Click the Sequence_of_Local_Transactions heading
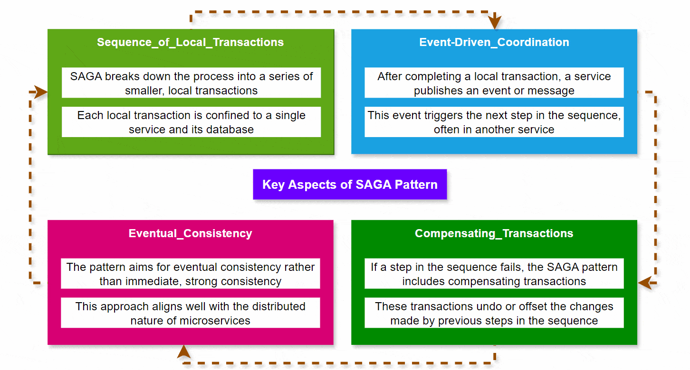[x=190, y=42]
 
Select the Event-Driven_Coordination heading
[x=494, y=42]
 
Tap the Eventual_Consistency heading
[x=190, y=233]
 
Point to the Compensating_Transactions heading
[x=494, y=233]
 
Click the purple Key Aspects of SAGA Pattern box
[x=350, y=185]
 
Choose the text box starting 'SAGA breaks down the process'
[x=191, y=83]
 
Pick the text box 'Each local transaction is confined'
[x=191, y=122]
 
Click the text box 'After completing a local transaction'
[x=494, y=83]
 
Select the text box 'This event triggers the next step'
[x=494, y=122]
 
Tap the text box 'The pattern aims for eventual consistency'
[x=190, y=274]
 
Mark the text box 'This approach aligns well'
[x=190, y=313]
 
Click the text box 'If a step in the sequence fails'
[x=494, y=274]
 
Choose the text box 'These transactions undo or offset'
[x=494, y=313]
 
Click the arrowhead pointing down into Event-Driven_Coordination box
[x=495, y=22]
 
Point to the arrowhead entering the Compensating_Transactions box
[x=644, y=283]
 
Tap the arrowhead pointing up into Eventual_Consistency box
[x=184, y=351]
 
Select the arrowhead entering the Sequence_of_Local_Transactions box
[x=41, y=92]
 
